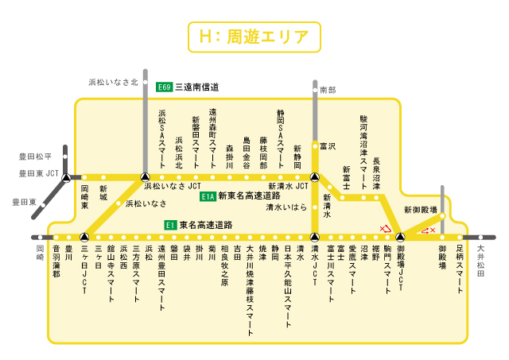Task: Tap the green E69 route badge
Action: [164, 87]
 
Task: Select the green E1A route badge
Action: [208, 195]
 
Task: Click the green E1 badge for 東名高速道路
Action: [169, 225]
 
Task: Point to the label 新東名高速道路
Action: [249, 195]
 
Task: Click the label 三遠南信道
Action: [196, 87]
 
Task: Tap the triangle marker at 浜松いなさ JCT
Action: [144, 176]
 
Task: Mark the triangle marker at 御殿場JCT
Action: [401, 237]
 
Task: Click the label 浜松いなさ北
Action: [113, 82]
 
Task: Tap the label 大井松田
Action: [480, 261]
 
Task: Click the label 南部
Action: [328, 91]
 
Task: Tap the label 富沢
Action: [328, 146]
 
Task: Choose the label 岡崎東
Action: [85, 197]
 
